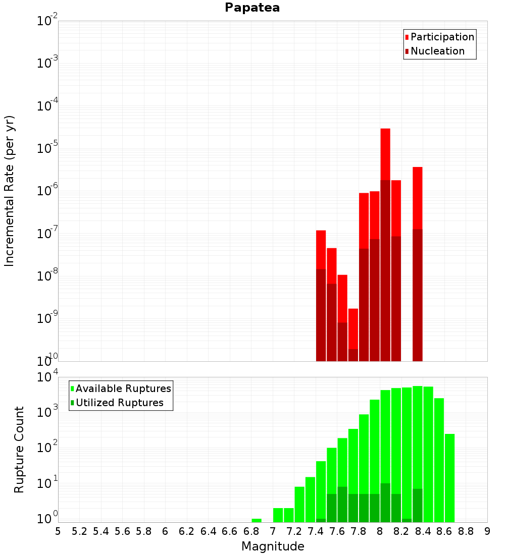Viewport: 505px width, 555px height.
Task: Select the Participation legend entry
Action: click(442, 37)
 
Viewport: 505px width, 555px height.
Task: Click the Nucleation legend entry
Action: click(437, 51)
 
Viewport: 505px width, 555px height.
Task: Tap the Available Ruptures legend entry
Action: click(123, 388)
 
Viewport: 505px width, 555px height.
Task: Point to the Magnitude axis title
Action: click(273, 546)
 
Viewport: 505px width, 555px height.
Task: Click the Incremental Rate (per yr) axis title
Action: click(10, 191)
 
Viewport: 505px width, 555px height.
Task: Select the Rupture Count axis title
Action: click(19, 450)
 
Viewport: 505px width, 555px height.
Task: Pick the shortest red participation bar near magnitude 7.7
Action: click(353, 328)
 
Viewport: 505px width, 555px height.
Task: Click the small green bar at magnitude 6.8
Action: click(257, 520)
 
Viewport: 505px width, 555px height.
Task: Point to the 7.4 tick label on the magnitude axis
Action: click(316, 531)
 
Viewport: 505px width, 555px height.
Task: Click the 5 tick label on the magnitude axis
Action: click(58, 531)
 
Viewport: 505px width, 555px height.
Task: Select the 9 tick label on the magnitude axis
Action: click(487, 531)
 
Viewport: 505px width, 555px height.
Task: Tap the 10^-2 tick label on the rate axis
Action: click(47, 22)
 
